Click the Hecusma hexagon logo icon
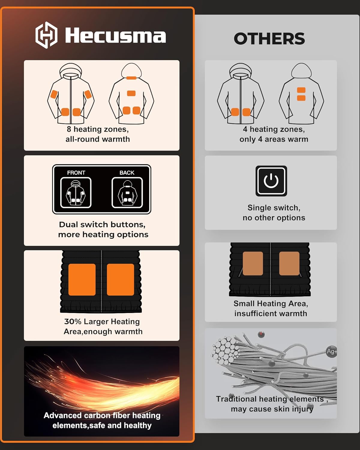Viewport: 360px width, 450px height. click(x=46, y=35)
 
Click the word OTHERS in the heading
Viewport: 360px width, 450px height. click(x=269, y=39)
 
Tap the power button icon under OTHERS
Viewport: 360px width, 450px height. click(x=271, y=181)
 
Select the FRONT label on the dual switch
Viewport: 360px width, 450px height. click(x=76, y=173)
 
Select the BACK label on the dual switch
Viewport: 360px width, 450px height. click(x=127, y=173)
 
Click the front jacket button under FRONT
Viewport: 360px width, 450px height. click(x=76, y=193)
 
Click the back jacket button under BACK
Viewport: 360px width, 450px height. click(x=127, y=193)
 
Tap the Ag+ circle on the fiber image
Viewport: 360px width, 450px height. click(x=331, y=351)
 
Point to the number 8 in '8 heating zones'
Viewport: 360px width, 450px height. click(x=69, y=129)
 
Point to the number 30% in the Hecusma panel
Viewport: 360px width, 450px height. click(x=73, y=322)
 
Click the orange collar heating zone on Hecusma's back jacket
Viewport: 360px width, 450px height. click(x=131, y=78)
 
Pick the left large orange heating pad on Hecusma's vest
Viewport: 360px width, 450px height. click(x=82, y=280)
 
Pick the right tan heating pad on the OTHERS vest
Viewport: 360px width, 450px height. click(x=289, y=263)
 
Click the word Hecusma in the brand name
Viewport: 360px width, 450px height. click(x=115, y=36)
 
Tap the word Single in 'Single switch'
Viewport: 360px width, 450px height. click(x=258, y=208)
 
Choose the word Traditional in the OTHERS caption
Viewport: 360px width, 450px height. click(x=236, y=399)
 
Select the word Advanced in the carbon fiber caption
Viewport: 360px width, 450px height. click(x=63, y=415)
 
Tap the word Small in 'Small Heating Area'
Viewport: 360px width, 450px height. click(x=244, y=304)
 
